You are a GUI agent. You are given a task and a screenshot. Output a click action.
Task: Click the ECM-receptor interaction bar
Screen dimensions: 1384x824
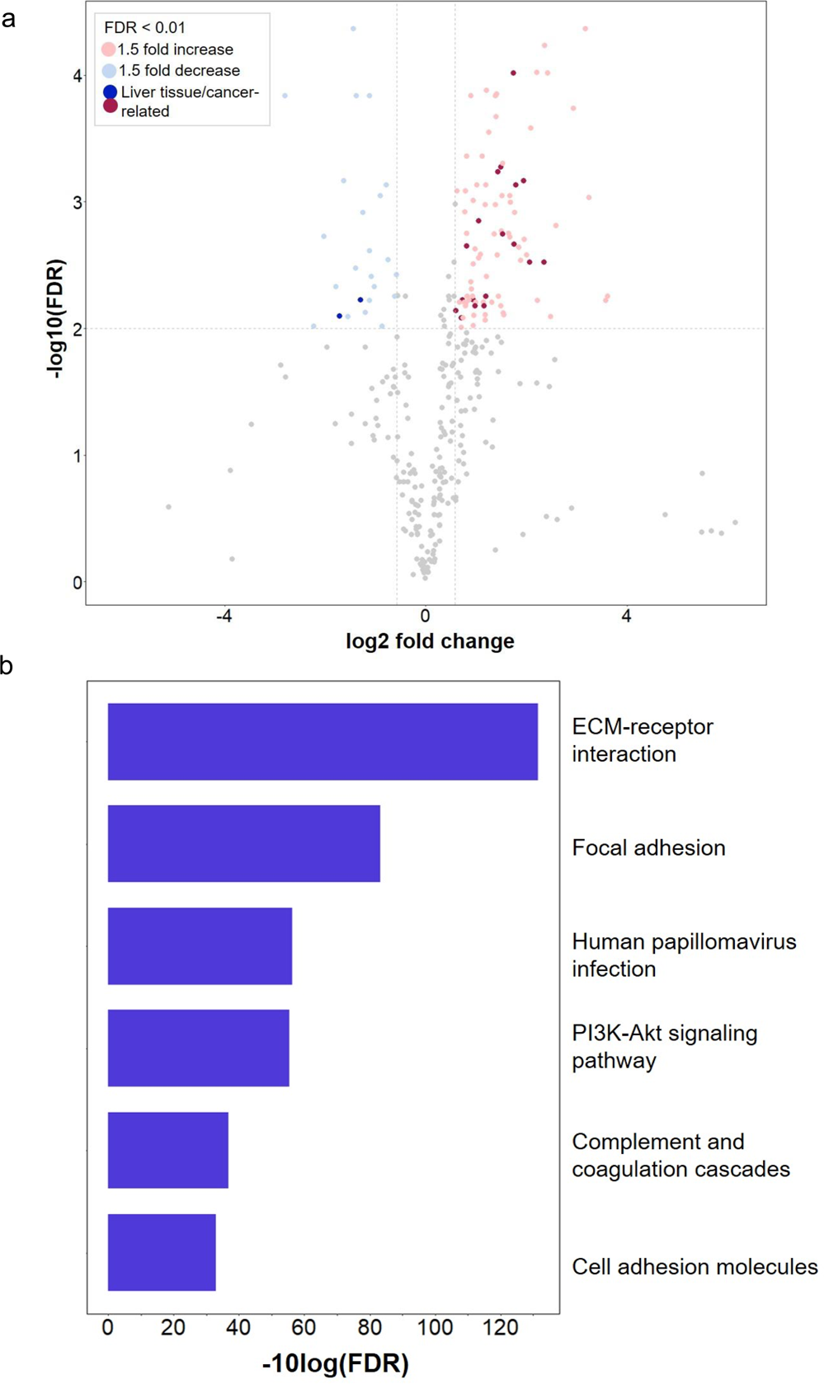pos(323,741)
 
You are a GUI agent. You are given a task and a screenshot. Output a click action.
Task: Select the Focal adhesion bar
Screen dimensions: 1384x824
pos(244,843)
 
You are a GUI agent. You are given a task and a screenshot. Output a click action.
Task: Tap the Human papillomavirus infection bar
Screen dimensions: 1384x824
pos(200,945)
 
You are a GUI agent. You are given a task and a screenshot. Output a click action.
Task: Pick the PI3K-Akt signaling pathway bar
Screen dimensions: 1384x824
pos(198,1048)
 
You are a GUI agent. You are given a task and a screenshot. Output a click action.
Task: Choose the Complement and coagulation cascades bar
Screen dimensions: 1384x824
pos(168,1150)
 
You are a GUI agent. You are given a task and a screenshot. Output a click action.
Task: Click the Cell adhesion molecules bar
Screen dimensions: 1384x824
pos(162,1252)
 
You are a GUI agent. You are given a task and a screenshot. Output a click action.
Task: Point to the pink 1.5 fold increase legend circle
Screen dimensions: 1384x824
pos(109,49)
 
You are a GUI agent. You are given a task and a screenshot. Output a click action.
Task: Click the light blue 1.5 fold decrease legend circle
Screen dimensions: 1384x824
pos(109,71)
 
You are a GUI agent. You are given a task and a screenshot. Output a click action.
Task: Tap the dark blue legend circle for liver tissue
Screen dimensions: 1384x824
pos(110,91)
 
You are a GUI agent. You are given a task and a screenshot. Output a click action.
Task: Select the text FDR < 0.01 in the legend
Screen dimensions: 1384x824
pos(144,28)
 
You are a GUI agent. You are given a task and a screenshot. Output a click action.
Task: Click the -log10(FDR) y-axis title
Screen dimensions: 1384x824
pos(56,319)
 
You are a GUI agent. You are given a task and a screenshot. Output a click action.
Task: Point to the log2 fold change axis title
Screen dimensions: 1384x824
pos(430,641)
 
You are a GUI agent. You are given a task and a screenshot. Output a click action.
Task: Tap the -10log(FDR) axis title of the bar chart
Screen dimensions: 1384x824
pos(335,1363)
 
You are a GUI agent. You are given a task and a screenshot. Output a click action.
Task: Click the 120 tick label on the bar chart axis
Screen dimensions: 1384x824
pos(501,1328)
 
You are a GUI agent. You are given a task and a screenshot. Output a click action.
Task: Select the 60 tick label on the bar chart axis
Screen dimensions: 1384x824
pos(304,1328)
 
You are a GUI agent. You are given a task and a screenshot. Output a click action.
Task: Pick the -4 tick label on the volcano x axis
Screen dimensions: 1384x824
pos(224,616)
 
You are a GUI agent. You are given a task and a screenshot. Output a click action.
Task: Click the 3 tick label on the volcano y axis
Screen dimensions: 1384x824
pos(78,203)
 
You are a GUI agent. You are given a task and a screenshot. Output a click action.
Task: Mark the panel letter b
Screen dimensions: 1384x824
pos(7,665)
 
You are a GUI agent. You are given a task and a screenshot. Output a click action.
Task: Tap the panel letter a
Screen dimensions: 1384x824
pos(8,18)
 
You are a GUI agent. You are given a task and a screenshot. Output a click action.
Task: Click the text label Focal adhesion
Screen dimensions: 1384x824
pos(648,847)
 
